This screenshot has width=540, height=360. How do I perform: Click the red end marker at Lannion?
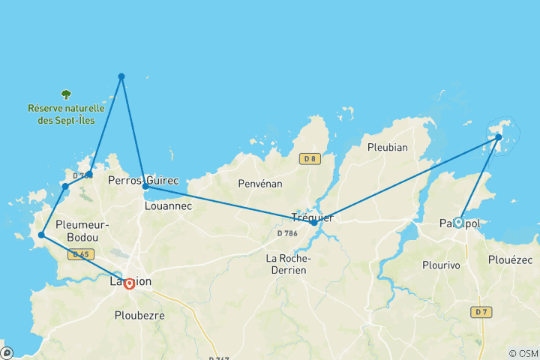[129, 283]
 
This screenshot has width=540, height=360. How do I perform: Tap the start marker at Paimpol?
[457, 222]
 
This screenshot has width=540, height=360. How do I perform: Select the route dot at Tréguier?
[314, 222]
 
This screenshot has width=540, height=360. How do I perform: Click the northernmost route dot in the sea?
[121, 76]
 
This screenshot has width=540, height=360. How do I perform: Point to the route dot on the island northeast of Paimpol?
[499, 137]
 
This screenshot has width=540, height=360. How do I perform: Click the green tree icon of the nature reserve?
[66, 94]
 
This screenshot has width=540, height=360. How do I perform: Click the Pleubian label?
[388, 147]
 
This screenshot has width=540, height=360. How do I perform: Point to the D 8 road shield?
[308, 158]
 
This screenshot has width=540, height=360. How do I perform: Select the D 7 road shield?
[481, 311]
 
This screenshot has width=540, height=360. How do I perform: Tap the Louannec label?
[168, 204]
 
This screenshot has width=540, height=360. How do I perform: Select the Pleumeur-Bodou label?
[82, 231]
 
